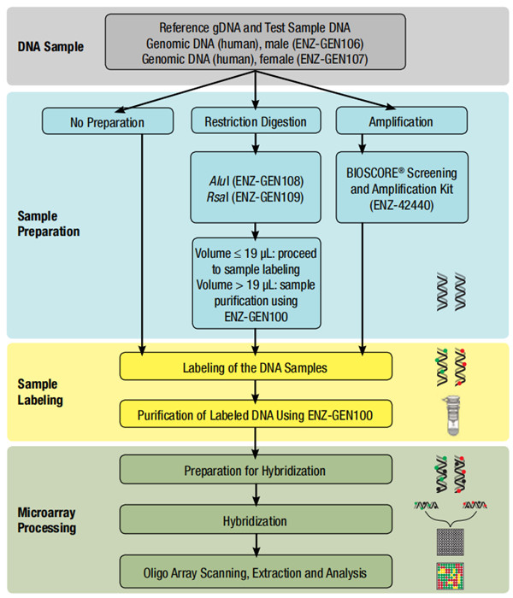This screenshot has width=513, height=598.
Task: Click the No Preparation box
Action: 107,122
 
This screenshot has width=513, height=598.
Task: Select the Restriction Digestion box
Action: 256,122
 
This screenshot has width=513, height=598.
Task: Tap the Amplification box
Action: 402,122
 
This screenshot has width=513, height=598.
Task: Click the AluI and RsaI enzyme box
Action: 256,185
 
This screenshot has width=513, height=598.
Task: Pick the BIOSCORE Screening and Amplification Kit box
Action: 401,185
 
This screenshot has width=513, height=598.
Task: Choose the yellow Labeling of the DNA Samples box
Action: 256,368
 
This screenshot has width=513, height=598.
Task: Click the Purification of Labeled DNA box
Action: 256,416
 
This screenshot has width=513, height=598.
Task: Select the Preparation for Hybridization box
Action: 256,471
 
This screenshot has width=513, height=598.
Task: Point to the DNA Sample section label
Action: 51,46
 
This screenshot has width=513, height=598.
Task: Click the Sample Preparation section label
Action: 52,224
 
